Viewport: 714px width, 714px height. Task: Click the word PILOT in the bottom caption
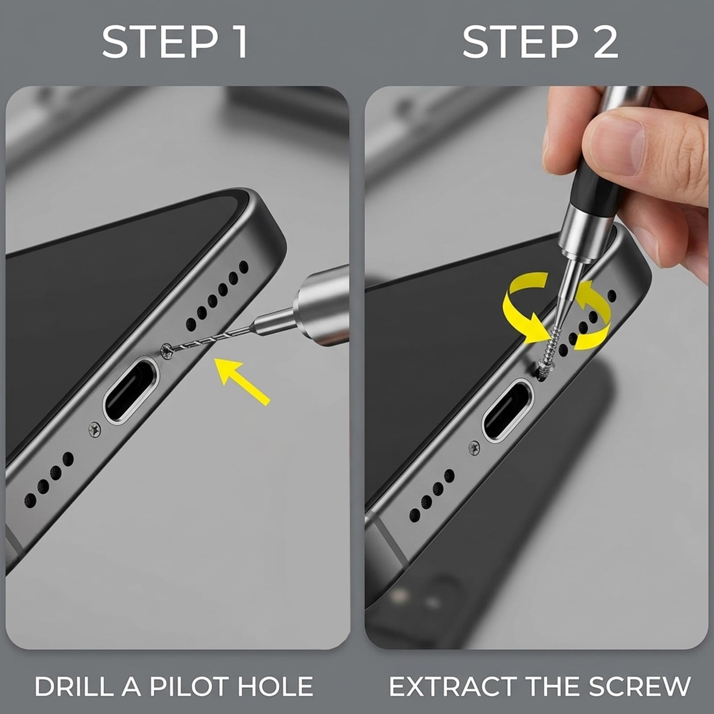coord(189,686)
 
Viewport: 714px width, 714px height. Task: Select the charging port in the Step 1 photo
coord(131,389)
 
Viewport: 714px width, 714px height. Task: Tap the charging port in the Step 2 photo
coord(509,410)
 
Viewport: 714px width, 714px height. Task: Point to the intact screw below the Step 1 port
coord(94,429)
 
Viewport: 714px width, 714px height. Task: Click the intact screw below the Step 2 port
coord(474,448)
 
